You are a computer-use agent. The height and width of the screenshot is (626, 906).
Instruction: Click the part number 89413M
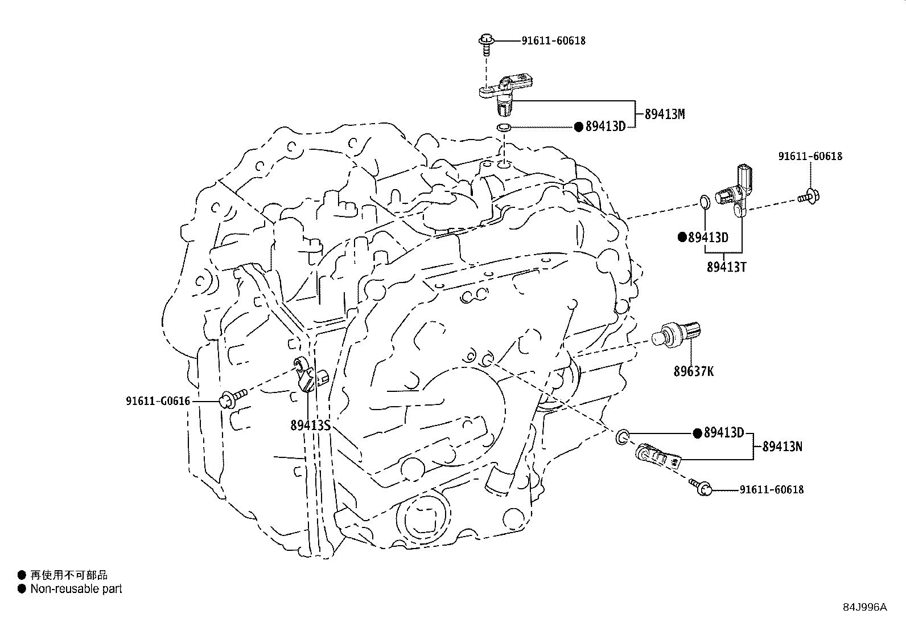pos(664,114)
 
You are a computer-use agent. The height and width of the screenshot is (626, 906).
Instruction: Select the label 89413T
pos(726,267)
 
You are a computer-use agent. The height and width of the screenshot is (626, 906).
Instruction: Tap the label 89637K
pos(693,371)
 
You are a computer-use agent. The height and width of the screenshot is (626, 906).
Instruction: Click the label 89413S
pos(310,425)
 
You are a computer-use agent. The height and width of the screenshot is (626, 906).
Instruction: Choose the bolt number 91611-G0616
pos(158,402)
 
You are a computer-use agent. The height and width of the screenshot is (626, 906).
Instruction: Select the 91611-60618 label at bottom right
pos(772,489)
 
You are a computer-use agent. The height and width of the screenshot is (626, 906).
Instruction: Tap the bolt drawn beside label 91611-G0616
pos(233,397)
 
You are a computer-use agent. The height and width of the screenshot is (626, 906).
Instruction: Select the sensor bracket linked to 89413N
pos(657,456)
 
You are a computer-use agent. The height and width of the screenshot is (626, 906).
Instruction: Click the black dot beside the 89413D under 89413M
pos(578,127)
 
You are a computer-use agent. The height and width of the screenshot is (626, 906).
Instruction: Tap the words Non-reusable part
pos(76,589)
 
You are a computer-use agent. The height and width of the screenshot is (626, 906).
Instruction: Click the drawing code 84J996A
pos(864,607)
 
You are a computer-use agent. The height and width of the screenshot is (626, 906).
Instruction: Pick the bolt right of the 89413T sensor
pos(807,197)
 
